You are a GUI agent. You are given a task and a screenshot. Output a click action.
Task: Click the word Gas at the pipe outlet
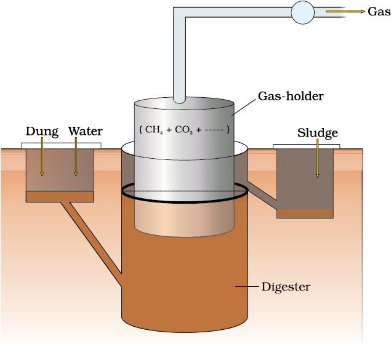[x=378, y=12]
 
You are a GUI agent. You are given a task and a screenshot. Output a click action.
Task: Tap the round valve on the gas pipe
[x=302, y=12]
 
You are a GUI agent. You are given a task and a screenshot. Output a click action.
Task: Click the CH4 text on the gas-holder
[x=154, y=130]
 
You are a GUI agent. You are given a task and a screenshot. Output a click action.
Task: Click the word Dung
[x=42, y=131]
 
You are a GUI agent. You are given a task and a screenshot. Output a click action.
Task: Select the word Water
[x=85, y=131]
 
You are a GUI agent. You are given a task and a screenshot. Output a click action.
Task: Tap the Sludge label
[x=318, y=133]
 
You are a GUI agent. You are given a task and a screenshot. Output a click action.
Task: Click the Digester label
[x=286, y=287]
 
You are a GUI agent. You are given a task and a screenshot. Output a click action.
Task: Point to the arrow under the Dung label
[x=42, y=157]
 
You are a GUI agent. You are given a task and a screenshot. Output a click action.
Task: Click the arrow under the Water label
[x=76, y=157]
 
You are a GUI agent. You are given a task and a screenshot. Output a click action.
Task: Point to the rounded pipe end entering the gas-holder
[x=180, y=98]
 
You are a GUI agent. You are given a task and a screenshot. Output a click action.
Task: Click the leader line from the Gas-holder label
[x=244, y=108]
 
